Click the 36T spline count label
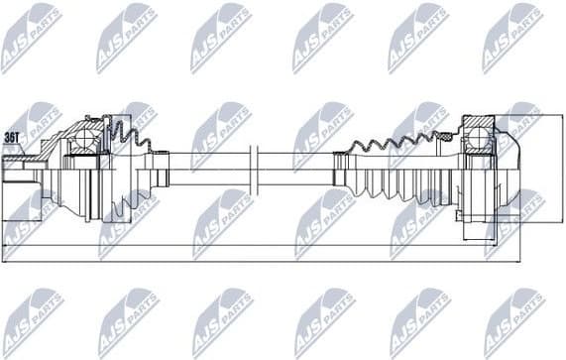click(13, 137)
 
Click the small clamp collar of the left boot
click(162, 164)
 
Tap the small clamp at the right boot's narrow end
click(340, 164)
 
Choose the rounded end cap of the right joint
click(515, 164)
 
